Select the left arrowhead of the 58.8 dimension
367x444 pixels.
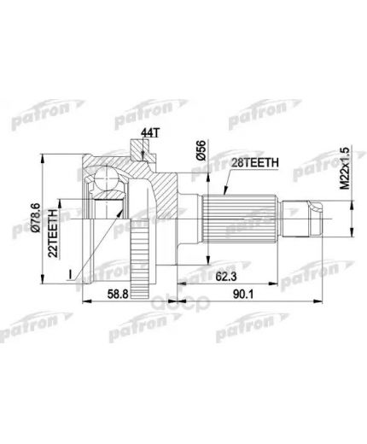(x=83, y=301)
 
